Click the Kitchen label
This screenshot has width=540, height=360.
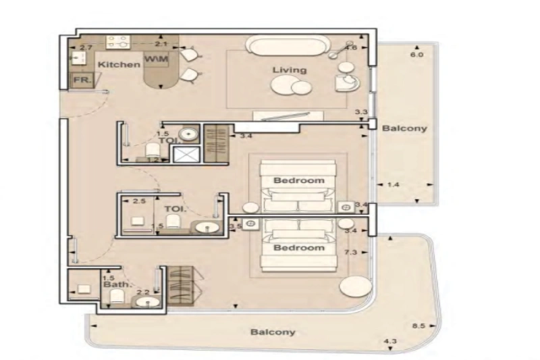point(119,65)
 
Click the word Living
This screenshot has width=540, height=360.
point(289,70)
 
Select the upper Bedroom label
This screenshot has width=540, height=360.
point(298,180)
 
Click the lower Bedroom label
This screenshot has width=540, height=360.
point(298,248)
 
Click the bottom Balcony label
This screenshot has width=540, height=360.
point(272,332)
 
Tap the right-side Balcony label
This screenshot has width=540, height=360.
point(404,128)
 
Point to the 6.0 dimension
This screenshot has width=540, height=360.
point(416,55)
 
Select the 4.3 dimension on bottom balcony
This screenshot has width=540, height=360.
point(389,342)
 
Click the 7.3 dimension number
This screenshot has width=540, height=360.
point(350,253)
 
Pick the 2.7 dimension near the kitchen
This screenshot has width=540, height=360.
point(86,47)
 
